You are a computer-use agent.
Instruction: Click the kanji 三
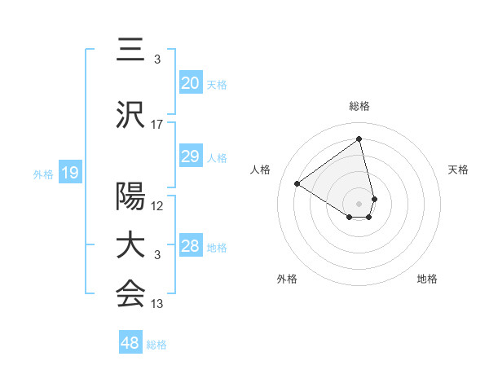point(130,51)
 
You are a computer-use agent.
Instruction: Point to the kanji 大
point(130,246)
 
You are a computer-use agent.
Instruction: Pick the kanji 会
point(130,295)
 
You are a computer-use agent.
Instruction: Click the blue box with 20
point(190,83)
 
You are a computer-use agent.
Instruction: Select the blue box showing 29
point(190,157)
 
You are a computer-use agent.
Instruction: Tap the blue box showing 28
point(190,247)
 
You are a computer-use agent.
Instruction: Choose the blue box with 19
point(69,172)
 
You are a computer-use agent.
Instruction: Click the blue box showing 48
point(130,344)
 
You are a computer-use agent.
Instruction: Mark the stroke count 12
point(157,205)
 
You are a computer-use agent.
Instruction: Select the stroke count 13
point(157,305)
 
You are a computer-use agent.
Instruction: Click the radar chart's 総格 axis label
point(359,106)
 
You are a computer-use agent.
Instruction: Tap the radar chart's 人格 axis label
point(261,169)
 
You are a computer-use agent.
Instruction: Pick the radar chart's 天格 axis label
point(458,169)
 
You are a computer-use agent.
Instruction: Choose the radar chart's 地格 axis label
point(427,279)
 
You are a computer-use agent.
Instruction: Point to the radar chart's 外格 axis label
point(287,279)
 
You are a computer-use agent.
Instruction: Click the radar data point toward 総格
point(359,138)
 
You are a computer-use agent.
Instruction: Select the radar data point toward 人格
point(297,183)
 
